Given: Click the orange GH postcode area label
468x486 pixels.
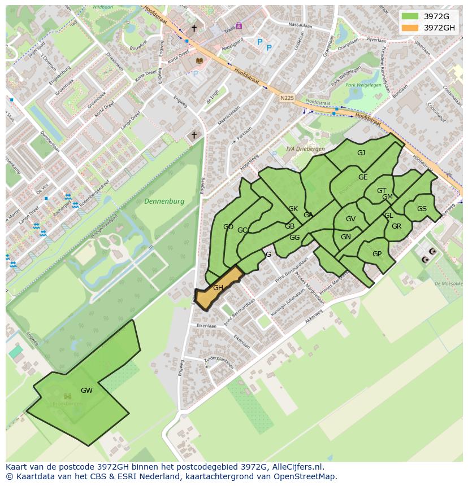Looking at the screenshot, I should tap(218, 288).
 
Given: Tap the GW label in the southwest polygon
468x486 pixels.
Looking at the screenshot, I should tap(86, 391).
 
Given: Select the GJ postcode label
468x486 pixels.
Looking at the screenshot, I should tap(361, 153).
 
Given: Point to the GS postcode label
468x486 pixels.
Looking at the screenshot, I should tap(422, 209).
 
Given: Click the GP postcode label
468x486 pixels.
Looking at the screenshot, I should tap(377, 254).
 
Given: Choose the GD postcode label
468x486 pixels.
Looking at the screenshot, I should tap(228, 227).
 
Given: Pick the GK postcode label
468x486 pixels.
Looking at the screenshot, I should tap(293, 209).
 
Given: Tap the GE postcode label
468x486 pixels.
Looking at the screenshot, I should tap(363, 177).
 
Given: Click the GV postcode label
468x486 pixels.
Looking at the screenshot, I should tap(350, 219).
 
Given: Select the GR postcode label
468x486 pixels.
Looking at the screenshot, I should tap(396, 226).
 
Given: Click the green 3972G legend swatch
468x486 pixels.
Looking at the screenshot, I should tap(410, 16).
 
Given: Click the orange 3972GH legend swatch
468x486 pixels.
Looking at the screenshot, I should tap(410, 28).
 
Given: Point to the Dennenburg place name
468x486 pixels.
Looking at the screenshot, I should tap(164, 202).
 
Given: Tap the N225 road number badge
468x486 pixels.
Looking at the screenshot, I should tap(287, 98).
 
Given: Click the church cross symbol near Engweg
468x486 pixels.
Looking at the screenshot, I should tap(194, 135).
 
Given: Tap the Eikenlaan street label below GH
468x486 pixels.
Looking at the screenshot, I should tap(206, 326).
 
